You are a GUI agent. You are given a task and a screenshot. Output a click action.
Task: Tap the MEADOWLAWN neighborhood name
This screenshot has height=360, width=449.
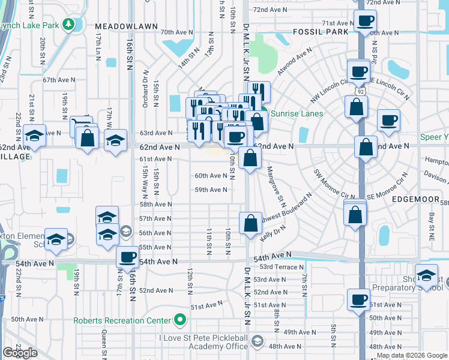[x=126, y=27]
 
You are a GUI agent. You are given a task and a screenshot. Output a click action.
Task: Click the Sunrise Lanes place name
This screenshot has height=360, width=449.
[x=297, y=113]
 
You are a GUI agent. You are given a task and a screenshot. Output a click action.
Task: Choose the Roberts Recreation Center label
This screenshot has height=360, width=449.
[x=122, y=320]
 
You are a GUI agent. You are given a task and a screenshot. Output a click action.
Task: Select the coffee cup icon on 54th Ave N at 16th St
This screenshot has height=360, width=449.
[x=127, y=257]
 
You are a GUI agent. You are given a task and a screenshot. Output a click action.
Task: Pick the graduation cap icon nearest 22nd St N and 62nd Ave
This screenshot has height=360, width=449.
[x=35, y=137]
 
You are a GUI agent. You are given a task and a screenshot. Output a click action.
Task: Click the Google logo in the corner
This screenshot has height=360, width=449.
[x=20, y=353]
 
